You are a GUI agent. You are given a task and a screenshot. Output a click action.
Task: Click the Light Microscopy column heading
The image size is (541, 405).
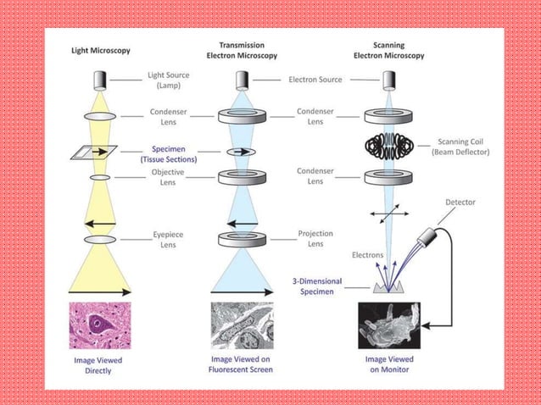(99, 51)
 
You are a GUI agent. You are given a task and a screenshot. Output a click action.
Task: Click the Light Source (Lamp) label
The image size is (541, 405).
(169, 80)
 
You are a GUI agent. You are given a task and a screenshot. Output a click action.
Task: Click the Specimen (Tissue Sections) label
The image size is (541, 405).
(169, 153)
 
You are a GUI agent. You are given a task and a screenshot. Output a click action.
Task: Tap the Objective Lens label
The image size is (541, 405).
(168, 177)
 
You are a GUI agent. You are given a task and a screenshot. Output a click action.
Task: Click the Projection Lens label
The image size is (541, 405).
(315, 239)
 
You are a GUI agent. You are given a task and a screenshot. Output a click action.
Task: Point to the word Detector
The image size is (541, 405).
(460, 202)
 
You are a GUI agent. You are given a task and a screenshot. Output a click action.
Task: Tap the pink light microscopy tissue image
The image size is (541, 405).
(100, 325)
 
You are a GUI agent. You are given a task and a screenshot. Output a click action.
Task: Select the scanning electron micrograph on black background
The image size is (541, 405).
(390, 325)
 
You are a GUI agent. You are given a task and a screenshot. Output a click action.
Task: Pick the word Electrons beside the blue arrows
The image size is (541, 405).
(368, 254)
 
